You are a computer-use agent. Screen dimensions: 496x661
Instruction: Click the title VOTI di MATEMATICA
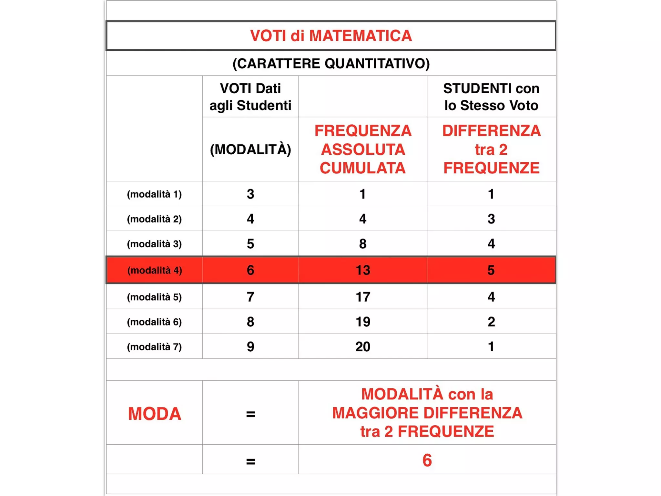331,36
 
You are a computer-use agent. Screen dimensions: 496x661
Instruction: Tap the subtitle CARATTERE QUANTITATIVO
331,63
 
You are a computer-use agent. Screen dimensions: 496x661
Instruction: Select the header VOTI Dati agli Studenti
250,97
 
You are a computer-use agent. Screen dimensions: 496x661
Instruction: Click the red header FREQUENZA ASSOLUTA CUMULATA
363,149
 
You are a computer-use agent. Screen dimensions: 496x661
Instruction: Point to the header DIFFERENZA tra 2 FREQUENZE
491,149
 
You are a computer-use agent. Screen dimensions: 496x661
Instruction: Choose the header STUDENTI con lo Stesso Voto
491,97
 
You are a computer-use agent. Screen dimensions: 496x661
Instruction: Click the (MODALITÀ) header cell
250,149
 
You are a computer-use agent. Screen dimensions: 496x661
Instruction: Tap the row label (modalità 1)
154,194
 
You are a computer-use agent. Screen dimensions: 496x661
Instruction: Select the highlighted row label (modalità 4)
155,270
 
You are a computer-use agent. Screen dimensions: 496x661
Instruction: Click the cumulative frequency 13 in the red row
363,270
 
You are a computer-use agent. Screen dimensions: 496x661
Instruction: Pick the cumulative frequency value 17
363,297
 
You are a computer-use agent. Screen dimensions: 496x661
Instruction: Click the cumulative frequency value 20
363,346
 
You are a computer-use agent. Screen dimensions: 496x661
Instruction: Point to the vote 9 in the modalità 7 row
250,346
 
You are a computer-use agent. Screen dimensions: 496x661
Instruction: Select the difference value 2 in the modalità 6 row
491,322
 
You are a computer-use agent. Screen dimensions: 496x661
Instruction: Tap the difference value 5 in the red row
491,270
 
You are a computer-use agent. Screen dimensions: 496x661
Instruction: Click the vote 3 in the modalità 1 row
250,194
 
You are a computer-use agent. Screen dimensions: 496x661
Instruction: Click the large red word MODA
155,414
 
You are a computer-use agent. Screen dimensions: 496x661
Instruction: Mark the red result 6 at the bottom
427,460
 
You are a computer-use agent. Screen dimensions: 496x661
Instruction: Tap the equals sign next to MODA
250,414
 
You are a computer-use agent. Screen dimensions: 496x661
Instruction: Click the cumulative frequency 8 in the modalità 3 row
363,244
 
